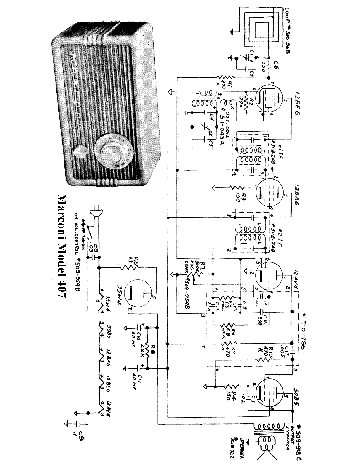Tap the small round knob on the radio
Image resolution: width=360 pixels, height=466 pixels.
point(82,152)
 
